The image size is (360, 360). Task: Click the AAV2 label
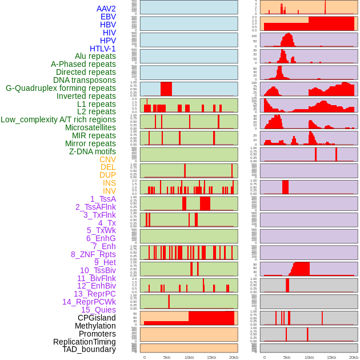pos(106,9)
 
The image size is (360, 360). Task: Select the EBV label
pos(108,17)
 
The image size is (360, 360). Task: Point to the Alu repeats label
pos(95,56)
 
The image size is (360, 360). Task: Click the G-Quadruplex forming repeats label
pos(61,88)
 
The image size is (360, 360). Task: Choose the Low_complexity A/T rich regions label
pos(58,119)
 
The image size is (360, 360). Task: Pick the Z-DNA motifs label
pos(92,151)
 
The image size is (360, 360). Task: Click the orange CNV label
pos(107,159)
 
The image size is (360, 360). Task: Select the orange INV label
pos(109,191)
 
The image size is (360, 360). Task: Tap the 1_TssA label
pos(103,199)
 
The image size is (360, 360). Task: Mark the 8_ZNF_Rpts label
pos(93,254)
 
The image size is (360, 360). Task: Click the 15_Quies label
pos(98,310)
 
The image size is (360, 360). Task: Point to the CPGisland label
pos(97,318)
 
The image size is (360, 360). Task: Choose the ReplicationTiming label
pos(84,342)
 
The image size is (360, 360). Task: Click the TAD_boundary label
pos(89,349)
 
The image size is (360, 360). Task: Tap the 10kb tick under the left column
pos(189,357)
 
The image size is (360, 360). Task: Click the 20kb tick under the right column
pos(354,357)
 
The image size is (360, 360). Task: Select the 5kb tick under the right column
pos(287,357)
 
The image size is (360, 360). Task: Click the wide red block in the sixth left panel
pos(166,89)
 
